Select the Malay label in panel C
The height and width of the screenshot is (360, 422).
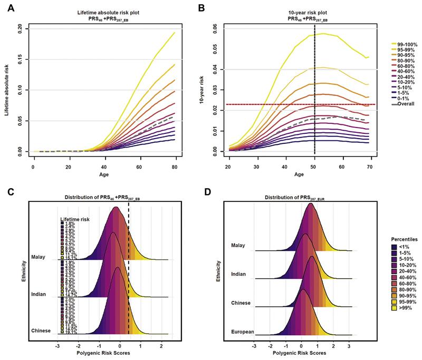(38, 257)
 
